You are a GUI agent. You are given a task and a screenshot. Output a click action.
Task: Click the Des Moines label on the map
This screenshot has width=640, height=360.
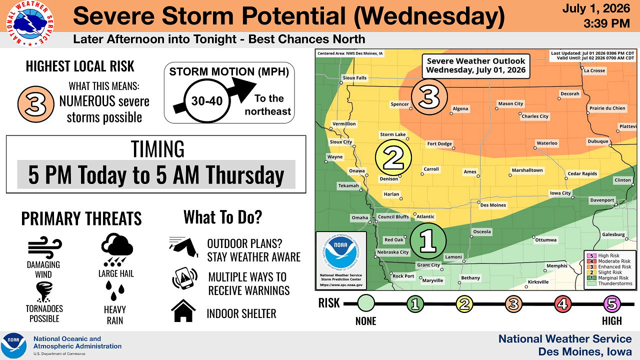[x=493, y=205]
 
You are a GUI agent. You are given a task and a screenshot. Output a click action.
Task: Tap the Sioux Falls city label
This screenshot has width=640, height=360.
[x=354, y=77]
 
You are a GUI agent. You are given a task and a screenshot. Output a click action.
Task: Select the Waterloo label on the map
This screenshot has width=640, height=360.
[x=547, y=143]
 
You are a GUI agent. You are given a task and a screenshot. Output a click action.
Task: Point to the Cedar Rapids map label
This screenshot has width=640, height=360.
[x=582, y=173]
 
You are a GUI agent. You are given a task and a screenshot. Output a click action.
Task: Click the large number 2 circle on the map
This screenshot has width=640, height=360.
[x=393, y=157]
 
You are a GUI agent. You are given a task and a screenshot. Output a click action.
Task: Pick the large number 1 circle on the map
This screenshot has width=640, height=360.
[x=428, y=241]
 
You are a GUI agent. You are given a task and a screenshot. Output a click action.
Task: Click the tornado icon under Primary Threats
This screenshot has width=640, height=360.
[x=44, y=292]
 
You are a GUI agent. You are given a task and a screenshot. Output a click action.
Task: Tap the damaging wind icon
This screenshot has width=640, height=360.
[x=45, y=247]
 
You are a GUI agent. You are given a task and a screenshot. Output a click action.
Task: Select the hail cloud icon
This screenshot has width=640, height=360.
[x=117, y=249]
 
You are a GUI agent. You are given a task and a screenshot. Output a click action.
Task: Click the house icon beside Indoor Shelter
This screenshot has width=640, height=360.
[x=183, y=310]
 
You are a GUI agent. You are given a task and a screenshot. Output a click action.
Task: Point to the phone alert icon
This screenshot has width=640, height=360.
[x=185, y=278]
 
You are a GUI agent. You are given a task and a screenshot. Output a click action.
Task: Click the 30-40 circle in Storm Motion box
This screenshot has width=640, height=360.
[x=207, y=101]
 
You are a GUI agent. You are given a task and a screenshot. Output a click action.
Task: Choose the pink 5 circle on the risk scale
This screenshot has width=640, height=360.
[x=611, y=303]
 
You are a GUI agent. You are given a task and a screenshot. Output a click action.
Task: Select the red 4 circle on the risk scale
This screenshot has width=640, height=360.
[x=562, y=303]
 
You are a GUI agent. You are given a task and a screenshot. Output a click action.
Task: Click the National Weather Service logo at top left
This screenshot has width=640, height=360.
[x=30, y=24]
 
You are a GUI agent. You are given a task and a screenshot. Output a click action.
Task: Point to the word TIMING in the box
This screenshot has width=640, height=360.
[x=157, y=149]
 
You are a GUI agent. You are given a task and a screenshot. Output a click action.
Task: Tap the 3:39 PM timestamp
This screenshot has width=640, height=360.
[x=607, y=23]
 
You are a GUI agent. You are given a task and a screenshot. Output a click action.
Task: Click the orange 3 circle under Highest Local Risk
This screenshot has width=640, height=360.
[x=35, y=104]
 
